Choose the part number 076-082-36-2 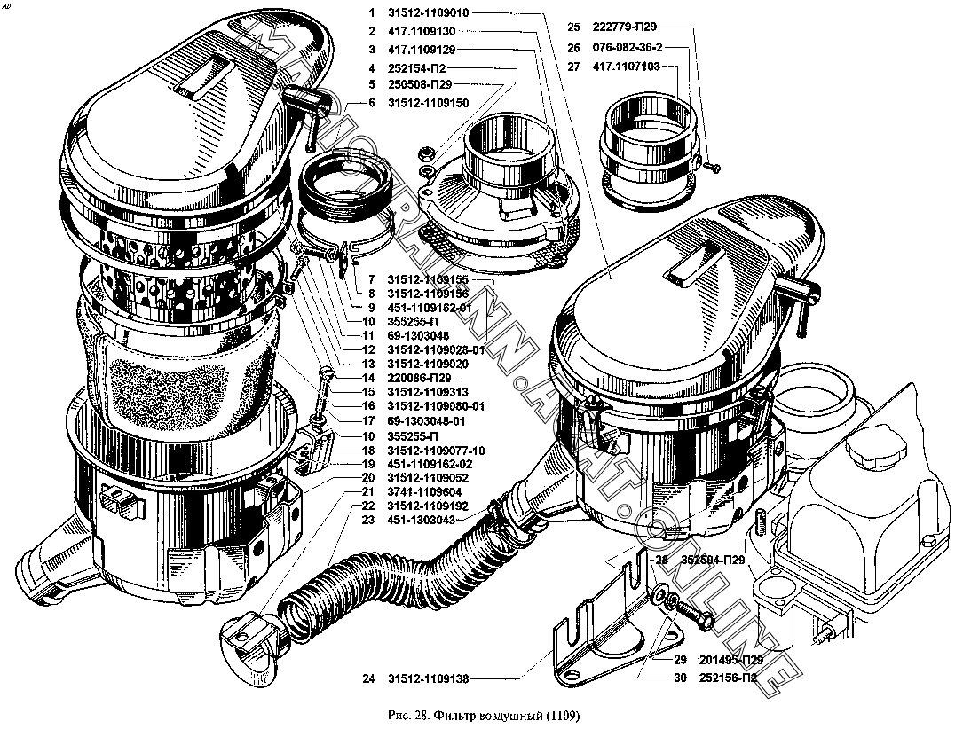626,48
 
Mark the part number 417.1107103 625,67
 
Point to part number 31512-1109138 428,679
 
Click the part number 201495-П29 730,661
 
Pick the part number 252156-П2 728,679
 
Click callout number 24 368,679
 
